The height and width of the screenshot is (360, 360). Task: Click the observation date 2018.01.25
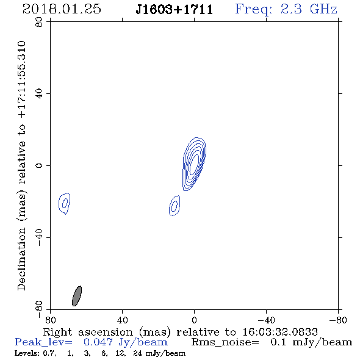(x=62, y=9)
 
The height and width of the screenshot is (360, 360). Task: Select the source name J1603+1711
(x=175, y=9)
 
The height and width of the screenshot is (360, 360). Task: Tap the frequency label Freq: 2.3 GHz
(x=286, y=9)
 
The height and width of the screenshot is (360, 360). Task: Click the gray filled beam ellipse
(x=77, y=296)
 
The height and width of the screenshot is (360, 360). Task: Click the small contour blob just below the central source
(x=175, y=206)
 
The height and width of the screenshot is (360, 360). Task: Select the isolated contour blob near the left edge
(x=65, y=203)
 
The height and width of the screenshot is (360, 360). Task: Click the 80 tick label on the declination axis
(x=39, y=22)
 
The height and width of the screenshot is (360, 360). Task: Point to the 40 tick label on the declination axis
(x=39, y=94)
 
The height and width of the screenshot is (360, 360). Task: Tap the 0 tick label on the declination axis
(x=39, y=165)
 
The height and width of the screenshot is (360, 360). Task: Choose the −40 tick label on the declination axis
(x=39, y=237)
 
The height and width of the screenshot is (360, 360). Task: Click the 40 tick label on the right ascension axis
(x=122, y=320)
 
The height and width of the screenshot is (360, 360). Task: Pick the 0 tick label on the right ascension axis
(x=194, y=320)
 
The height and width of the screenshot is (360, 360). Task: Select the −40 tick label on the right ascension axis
(x=266, y=320)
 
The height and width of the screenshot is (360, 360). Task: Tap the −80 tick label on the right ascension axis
(x=338, y=320)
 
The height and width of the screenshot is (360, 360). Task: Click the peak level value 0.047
(x=98, y=342)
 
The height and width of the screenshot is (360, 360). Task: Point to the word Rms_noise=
(x=225, y=342)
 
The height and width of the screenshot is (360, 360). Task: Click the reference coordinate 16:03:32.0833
(x=280, y=332)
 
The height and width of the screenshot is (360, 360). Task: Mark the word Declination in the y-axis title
(x=21, y=259)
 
